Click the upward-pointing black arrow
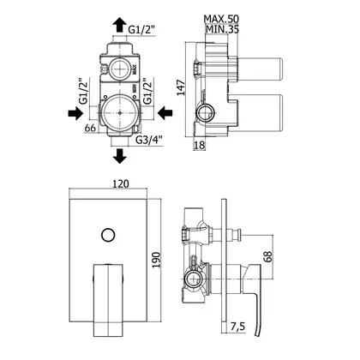(119, 25)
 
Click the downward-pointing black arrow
(119, 156)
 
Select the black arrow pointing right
(75, 113)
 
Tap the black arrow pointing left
(165, 113)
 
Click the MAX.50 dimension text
(221, 19)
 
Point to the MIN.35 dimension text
(222, 29)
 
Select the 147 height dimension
(181, 87)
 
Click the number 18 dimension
(200, 146)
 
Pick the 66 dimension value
(90, 128)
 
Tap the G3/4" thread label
(149, 140)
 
